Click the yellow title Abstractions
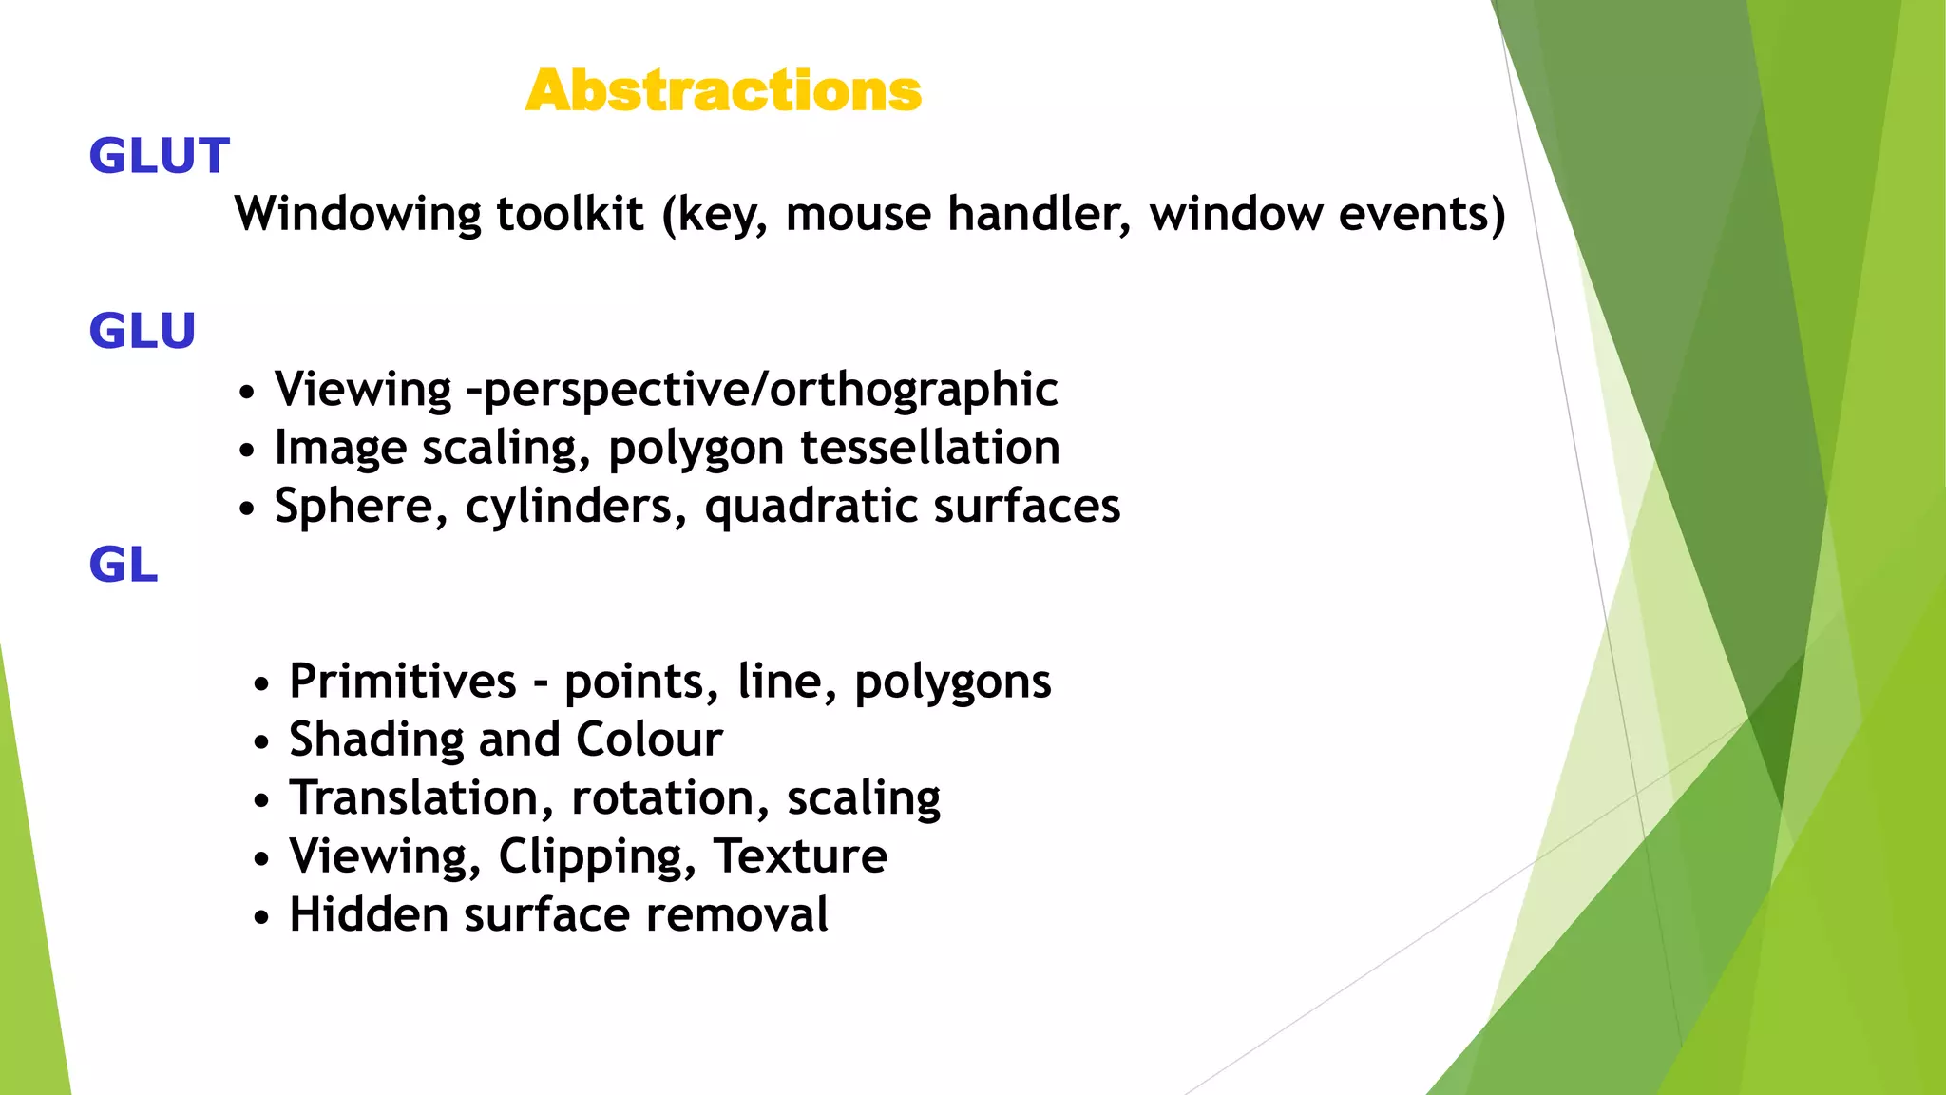coord(723,91)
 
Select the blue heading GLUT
coord(160,156)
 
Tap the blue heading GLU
coord(143,331)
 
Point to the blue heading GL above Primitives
coord(124,565)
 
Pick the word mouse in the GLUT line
coord(858,213)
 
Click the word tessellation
coord(929,447)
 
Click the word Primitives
coord(403,681)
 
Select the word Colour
coord(649,740)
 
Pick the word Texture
coord(800,855)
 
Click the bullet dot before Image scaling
coord(247,450)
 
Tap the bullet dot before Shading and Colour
coord(262,742)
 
